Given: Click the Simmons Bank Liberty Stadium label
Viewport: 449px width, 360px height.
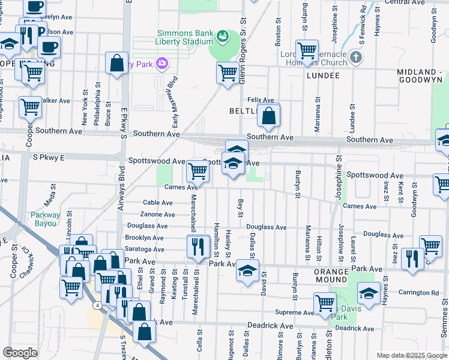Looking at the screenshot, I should tap(184, 37).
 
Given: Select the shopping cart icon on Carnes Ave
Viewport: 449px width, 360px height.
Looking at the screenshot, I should tap(197, 170).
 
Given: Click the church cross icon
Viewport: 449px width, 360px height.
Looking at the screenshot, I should tap(356, 58).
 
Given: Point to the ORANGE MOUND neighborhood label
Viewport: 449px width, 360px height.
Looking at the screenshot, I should tap(323, 271).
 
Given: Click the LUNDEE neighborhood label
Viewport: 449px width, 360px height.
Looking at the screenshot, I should tap(323, 76).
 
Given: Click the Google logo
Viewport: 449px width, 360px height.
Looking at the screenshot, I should tap(20, 353).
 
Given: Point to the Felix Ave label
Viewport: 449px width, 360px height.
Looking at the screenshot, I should tap(261, 100).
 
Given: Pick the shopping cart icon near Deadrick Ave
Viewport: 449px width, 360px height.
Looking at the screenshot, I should tap(325, 303).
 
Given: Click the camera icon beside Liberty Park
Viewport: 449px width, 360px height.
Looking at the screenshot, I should tap(161, 63).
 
